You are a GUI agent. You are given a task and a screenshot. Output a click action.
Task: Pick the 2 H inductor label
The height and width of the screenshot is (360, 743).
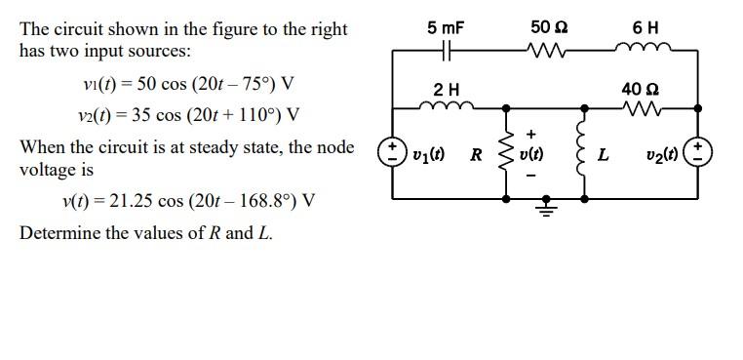click(446, 89)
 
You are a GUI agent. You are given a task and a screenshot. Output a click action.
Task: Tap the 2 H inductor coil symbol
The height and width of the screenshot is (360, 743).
click(446, 105)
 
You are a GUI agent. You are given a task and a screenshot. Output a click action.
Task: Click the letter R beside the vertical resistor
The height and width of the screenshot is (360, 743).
click(476, 154)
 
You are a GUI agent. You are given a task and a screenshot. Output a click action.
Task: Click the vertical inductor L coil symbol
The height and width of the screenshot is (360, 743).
click(583, 153)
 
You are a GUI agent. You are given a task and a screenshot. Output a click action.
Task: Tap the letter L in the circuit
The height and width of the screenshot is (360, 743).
click(605, 154)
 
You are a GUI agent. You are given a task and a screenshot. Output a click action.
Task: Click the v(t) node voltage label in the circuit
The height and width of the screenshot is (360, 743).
click(531, 154)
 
